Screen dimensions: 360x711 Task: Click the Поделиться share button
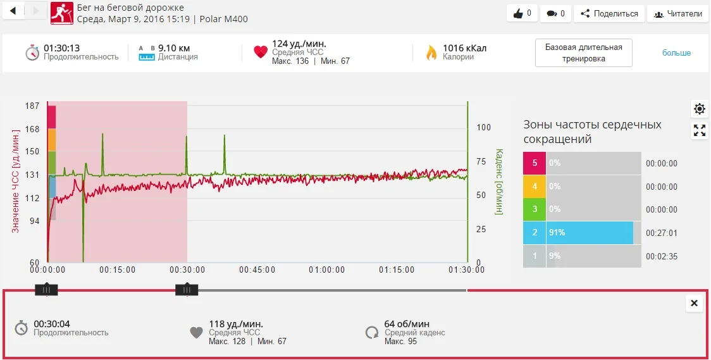coord(609,13)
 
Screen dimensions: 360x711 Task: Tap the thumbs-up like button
coord(522,13)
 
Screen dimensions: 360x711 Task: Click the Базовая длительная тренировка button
coord(583,53)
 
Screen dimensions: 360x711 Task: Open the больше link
coord(676,53)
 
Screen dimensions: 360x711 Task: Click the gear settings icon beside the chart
coord(699,109)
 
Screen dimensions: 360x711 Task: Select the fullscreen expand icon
coord(699,130)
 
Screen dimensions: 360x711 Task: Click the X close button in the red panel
coord(694,304)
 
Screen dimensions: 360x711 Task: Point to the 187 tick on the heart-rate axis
coord(32,106)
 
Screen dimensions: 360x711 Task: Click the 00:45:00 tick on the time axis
coord(257,270)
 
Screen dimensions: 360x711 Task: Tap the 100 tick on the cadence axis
coord(483,127)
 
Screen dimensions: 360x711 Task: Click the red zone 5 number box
coord(535,163)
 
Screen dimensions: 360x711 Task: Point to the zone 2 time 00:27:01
coord(661,233)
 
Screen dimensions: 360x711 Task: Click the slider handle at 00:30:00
coord(187,290)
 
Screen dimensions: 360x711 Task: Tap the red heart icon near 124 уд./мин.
coord(261,53)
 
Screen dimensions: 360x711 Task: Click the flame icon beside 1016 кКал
coord(431,53)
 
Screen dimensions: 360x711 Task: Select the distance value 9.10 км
coord(174,48)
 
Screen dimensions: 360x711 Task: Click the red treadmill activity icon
coord(61,13)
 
